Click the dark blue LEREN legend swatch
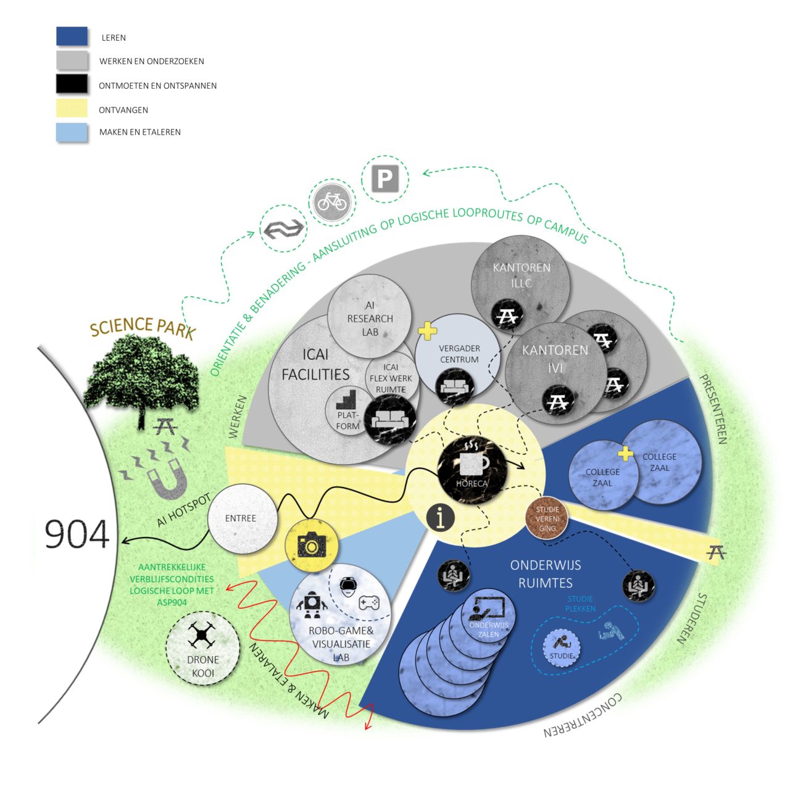[72, 36]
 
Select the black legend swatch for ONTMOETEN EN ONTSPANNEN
[72, 84]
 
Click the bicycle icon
[333, 201]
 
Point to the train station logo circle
[283, 229]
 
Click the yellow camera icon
[312, 545]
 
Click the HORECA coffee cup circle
[472, 470]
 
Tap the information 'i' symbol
[441, 517]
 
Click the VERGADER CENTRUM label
[459, 354]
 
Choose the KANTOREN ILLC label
[521, 275]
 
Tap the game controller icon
[369, 602]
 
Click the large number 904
[77, 534]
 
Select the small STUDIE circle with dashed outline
[562, 649]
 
